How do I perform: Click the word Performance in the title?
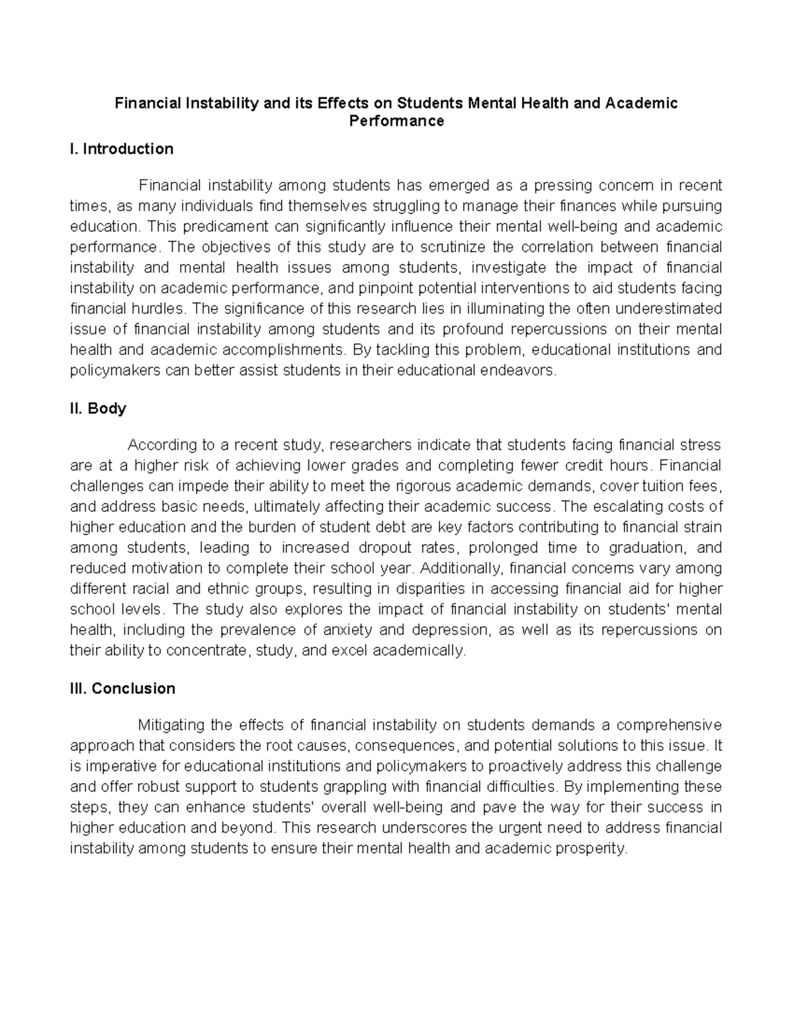396,121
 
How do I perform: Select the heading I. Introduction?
122,149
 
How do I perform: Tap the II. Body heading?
98,409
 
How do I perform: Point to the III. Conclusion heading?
123,688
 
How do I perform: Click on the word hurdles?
161,309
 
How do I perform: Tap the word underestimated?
664,309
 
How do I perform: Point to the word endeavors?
520,370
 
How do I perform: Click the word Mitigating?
169,725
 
